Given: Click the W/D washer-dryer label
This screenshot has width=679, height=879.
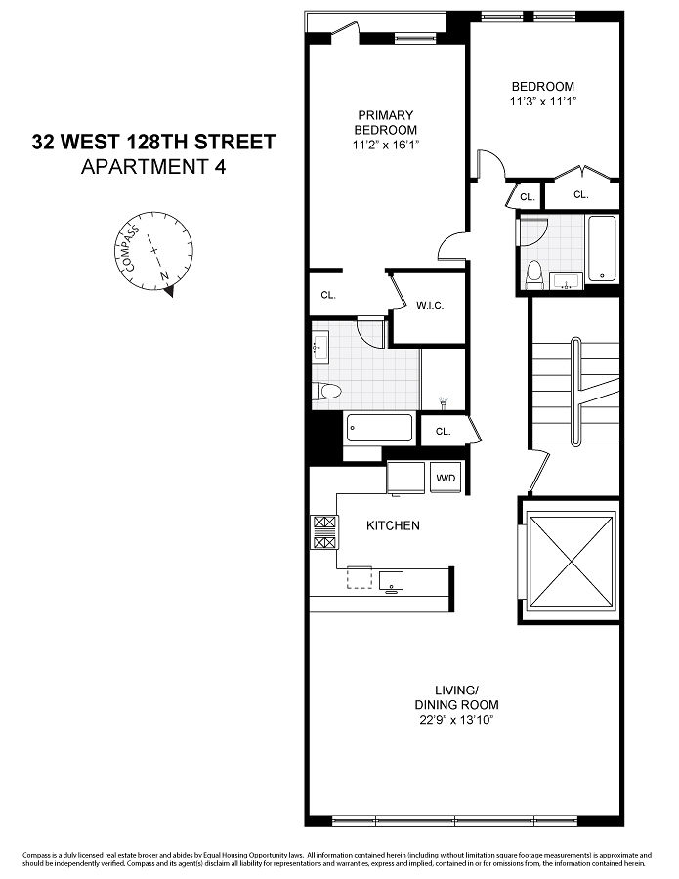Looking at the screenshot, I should point(446,478).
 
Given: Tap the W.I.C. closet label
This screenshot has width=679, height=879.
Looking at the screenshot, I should point(430,306).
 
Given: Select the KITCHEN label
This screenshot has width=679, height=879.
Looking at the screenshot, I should point(393,525).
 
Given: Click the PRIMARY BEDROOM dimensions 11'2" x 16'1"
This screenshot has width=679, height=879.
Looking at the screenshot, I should point(385,145).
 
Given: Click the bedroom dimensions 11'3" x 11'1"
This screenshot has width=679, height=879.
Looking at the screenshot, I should point(542,101).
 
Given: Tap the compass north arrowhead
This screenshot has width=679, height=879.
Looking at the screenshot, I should point(169,288).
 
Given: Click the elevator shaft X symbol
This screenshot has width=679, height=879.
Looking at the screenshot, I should point(568,560).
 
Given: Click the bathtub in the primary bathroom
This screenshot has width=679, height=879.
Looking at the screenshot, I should point(379,428).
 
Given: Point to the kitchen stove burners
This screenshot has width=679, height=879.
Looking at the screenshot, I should point(323,532).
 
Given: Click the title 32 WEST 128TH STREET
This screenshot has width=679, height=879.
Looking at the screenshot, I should point(153,143).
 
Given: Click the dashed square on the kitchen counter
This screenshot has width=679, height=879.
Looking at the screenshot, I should point(360,578).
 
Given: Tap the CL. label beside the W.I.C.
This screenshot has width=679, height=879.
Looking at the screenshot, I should point(327,295).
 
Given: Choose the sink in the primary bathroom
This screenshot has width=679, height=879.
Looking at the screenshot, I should point(319,347).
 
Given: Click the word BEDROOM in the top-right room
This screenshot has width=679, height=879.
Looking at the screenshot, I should point(542,86).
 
